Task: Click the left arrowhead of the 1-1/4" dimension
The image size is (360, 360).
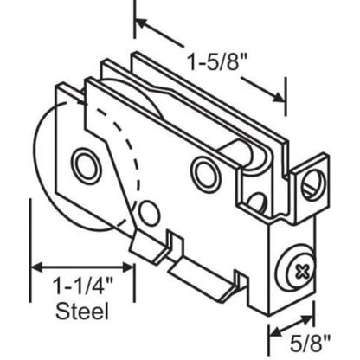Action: pos(37,268)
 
